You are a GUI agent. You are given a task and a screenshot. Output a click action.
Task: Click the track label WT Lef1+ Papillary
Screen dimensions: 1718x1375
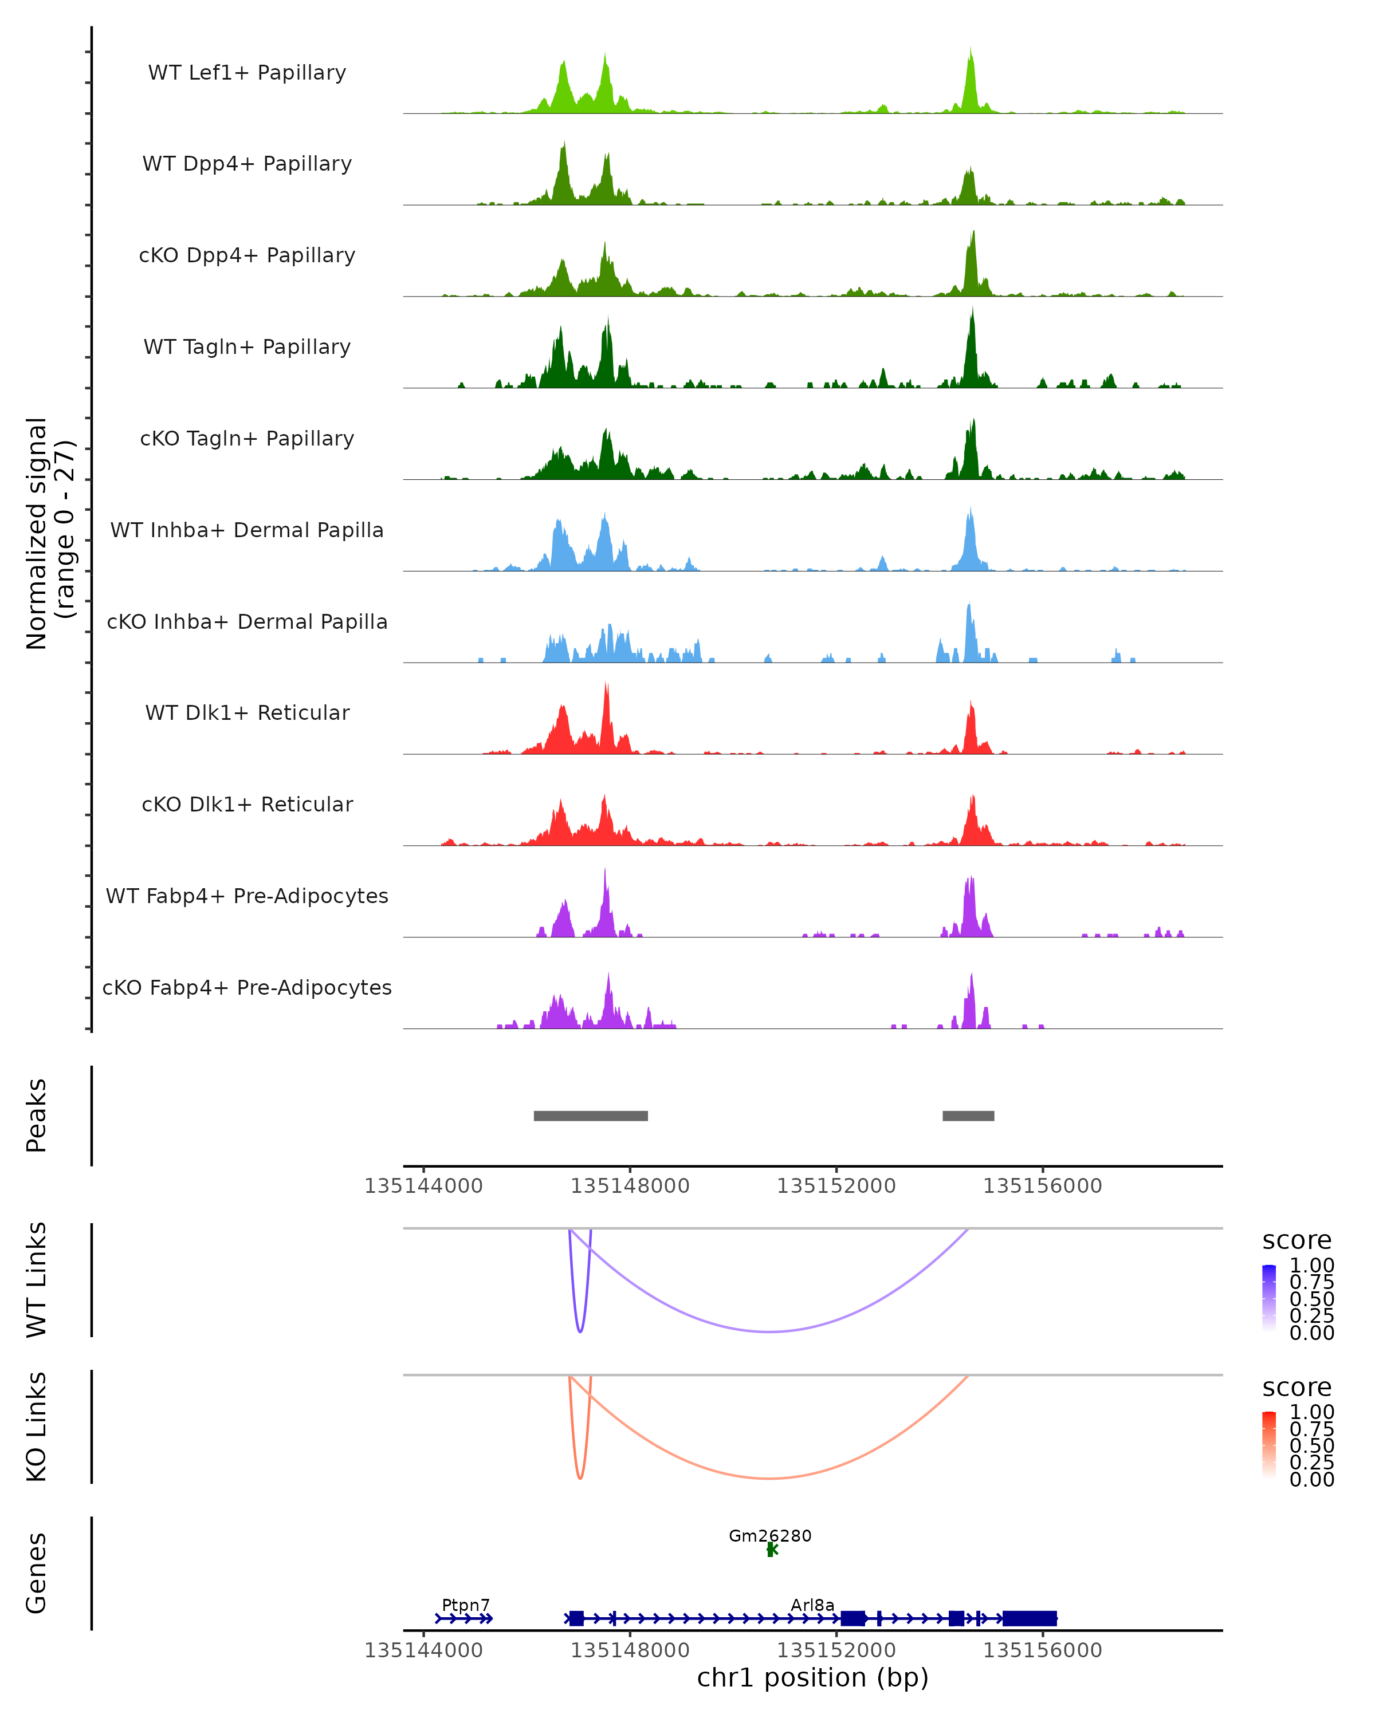coord(247,73)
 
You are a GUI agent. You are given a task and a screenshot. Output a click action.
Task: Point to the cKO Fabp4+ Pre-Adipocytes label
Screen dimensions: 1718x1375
coord(247,987)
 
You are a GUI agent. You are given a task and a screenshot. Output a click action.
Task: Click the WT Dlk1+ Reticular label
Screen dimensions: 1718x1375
coord(247,712)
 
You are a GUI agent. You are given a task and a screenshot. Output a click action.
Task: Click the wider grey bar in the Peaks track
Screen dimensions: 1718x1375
coord(591,1116)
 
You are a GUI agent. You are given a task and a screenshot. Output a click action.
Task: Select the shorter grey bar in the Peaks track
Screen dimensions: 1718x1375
coord(968,1116)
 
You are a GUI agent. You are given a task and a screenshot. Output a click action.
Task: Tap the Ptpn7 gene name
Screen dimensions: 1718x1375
coord(466,1605)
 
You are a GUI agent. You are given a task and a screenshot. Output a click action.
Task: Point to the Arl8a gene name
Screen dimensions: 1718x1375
coord(812,1605)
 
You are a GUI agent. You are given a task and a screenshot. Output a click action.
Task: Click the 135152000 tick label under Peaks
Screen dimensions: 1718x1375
coord(836,1186)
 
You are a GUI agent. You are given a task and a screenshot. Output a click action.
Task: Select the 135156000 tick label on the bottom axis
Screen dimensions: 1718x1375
coord(1042,1650)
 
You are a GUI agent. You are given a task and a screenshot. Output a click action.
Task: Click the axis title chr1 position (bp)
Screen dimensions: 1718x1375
coord(812,1677)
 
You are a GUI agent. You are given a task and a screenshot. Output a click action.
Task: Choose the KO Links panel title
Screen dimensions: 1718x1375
coord(37,1427)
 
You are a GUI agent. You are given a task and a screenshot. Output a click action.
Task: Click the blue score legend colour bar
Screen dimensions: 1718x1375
coord(1269,1298)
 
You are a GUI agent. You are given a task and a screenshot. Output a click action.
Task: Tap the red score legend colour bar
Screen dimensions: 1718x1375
coord(1269,1445)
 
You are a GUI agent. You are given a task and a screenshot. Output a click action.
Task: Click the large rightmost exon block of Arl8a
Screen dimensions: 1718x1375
coord(1029,1618)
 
